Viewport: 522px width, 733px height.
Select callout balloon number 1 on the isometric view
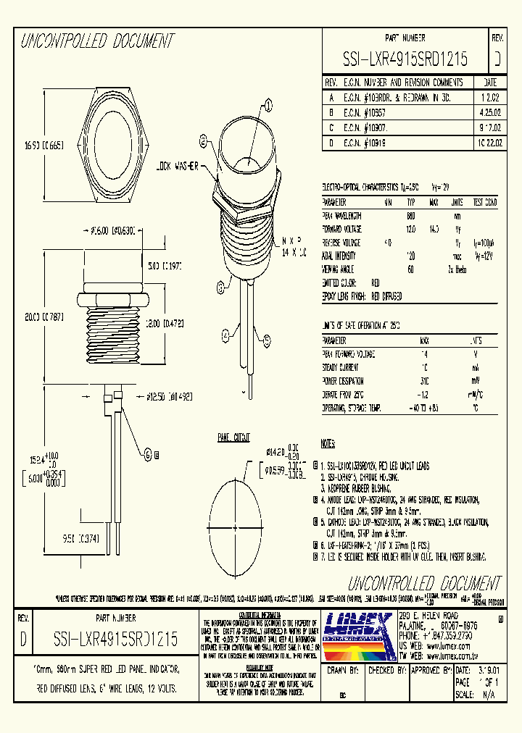click(x=269, y=106)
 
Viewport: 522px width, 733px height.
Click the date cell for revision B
click(x=489, y=113)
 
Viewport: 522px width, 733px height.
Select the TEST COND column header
click(x=486, y=202)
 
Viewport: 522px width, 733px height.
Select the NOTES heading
click(x=328, y=443)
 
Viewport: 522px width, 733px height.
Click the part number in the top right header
click(x=405, y=59)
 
